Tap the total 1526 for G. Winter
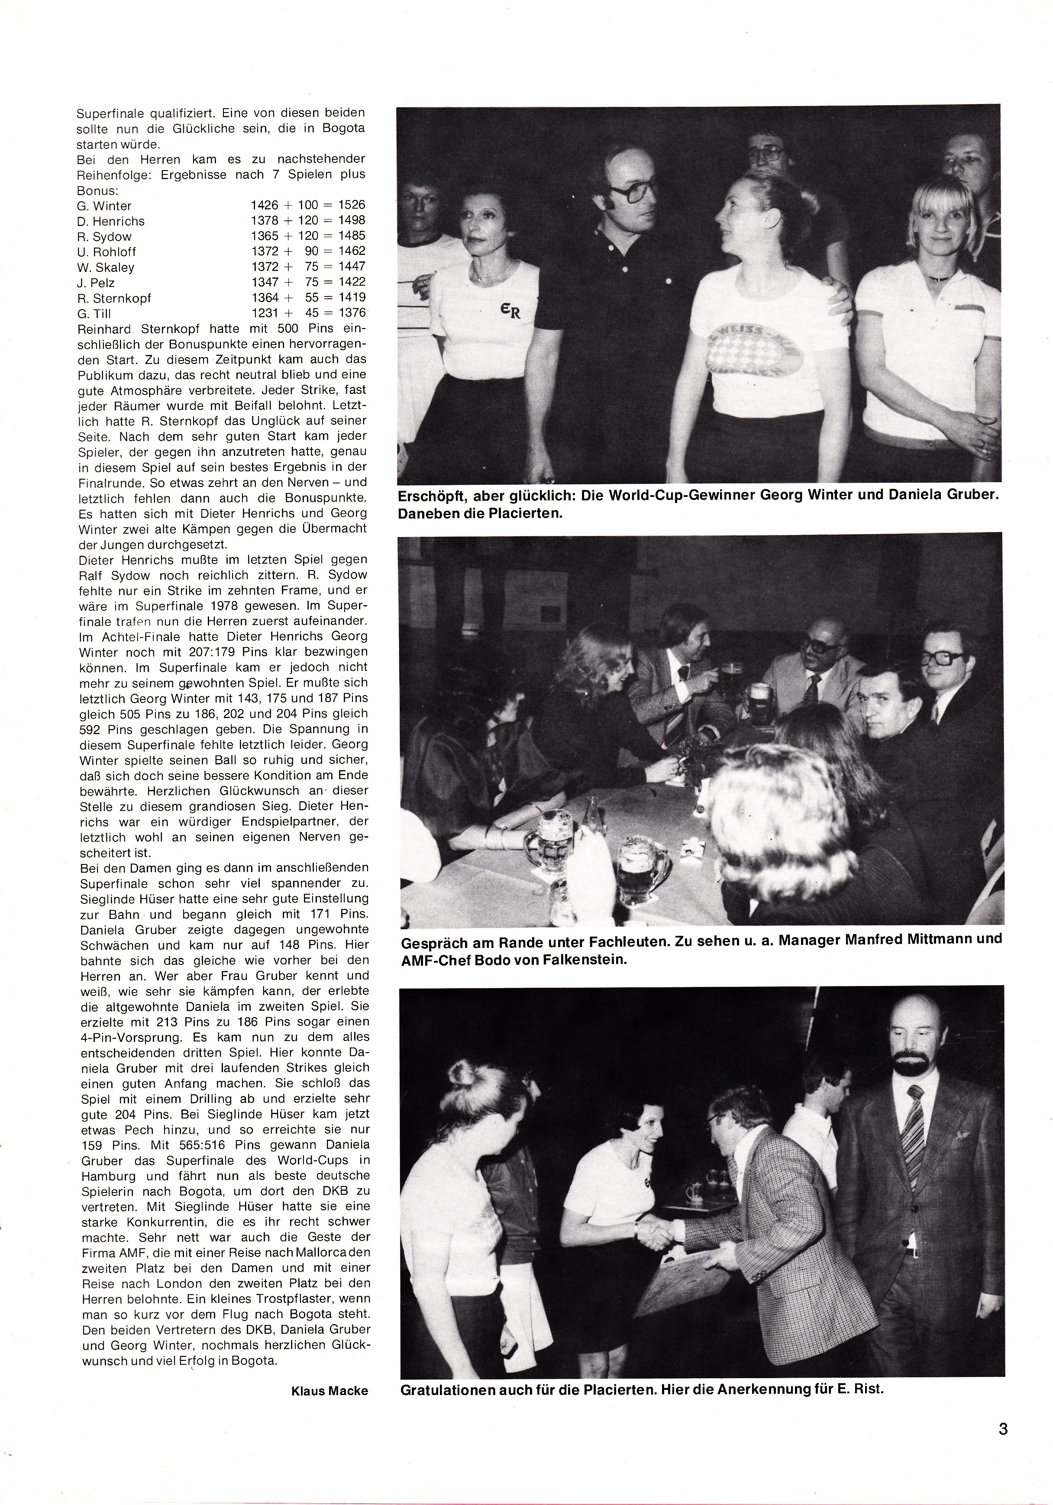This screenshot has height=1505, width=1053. pyautogui.click(x=352, y=205)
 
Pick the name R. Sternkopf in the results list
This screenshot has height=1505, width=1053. pyautogui.click(x=114, y=298)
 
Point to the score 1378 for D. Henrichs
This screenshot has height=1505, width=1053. pyautogui.click(x=264, y=221)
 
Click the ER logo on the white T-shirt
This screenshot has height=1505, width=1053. pyautogui.click(x=511, y=311)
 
